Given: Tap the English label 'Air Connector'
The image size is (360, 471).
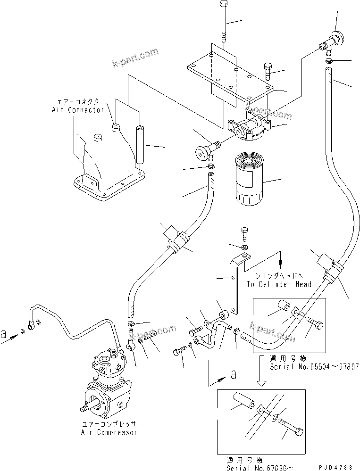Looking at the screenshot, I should [x=78, y=110].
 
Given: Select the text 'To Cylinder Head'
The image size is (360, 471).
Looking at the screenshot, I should [x=279, y=284].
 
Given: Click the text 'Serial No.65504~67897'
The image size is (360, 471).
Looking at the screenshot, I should [x=314, y=366].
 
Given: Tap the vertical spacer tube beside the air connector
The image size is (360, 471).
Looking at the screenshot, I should [x=140, y=143].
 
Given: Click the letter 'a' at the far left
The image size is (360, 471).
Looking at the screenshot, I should [x=4, y=335].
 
